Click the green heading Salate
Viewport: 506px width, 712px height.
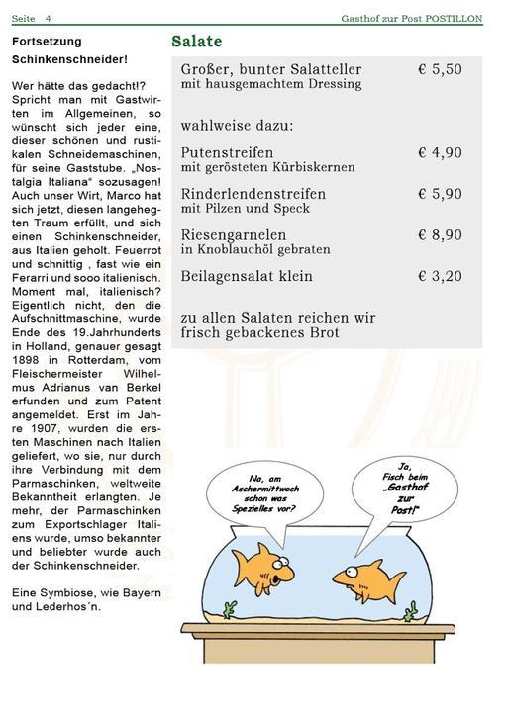click(196, 42)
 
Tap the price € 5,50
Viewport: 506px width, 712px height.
click(440, 70)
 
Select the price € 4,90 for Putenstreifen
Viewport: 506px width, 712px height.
click(440, 153)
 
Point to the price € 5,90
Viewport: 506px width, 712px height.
click(440, 195)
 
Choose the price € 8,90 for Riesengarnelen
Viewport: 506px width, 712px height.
click(440, 235)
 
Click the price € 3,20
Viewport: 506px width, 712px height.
click(440, 277)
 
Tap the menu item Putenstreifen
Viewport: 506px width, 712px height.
click(227, 153)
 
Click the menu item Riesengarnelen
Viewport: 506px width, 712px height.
click(234, 235)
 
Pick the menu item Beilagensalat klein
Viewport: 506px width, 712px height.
click(247, 277)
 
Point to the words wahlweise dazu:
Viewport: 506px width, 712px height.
click(237, 127)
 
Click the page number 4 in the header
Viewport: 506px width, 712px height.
click(48, 18)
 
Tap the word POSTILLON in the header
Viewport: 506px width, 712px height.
click(455, 18)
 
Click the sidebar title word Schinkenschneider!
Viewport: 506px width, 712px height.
click(69, 59)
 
